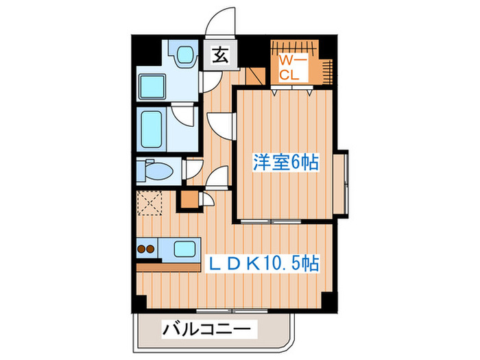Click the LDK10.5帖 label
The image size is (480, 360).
tap(255, 262)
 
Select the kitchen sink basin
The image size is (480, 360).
tap(183, 248)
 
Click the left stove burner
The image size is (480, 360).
tap(143, 248)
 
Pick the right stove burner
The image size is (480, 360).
tap(154, 248)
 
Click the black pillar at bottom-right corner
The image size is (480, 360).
tap(328, 300)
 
